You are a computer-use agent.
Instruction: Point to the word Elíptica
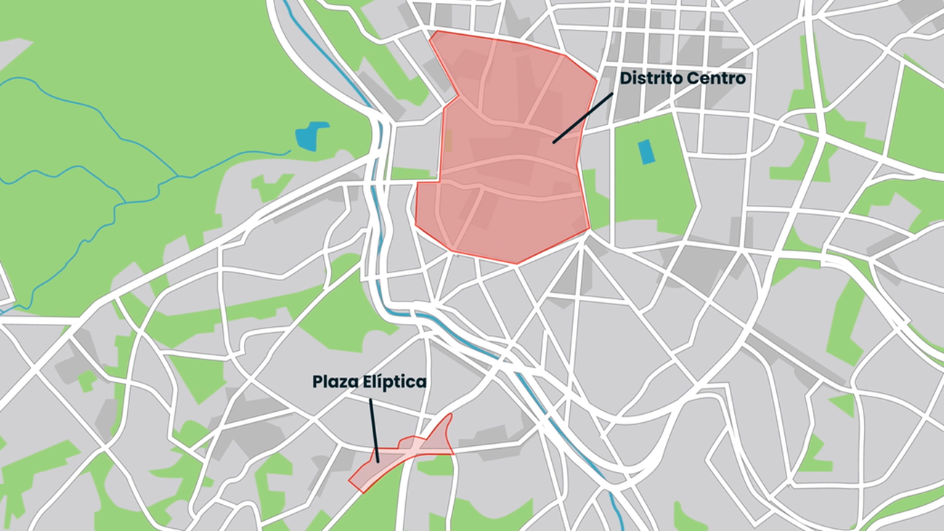396,381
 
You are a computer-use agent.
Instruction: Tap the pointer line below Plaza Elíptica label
373,429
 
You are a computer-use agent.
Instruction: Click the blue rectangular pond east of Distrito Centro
646,151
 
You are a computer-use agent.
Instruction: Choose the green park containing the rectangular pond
654,182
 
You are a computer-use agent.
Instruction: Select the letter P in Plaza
318,381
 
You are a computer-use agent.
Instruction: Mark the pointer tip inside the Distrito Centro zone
553,142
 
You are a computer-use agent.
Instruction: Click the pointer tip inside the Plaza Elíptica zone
378,462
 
